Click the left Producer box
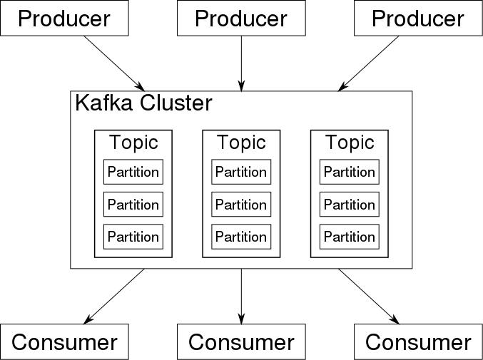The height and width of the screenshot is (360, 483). (64, 18)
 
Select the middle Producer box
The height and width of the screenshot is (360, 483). (241, 18)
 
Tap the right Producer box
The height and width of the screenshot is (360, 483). (418, 18)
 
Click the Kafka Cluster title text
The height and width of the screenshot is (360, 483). (143, 103)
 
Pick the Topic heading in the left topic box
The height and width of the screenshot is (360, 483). (133, 143)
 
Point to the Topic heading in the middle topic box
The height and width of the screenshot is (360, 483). (241, 143)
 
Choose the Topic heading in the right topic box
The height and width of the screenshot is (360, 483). (350, 143)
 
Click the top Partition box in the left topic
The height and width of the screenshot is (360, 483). (133, 172)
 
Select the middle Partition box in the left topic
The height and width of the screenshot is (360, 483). (133, 205)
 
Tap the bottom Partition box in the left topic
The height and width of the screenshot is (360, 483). (133, 237)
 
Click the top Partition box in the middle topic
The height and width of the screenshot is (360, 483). (241, 172)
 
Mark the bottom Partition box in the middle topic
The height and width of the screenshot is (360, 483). (241, 237)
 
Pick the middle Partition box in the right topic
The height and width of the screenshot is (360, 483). (350, 205)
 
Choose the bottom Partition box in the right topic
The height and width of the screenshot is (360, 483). (350, 237)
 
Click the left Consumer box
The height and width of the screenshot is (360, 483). (64, 341)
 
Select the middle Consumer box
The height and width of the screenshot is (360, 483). (241, 341)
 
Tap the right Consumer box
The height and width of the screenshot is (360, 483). (418, 341)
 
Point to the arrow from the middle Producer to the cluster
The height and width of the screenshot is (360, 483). (241, 63)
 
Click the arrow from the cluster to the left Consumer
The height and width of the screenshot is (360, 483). (114, 297)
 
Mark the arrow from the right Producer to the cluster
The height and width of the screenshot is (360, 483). (368, 63)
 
